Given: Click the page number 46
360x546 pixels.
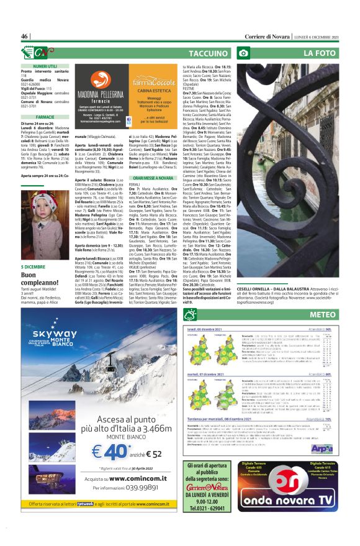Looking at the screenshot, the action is pyautogui.click(x=25, y=37).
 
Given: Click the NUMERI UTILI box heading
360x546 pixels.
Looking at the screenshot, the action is pyautogui.click(x=45, y=65).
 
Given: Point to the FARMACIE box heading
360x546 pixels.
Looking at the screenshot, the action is pyautogui.click(x=45, y=117).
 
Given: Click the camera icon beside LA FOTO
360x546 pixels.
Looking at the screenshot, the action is pyautogui.click(x=245, y=54).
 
